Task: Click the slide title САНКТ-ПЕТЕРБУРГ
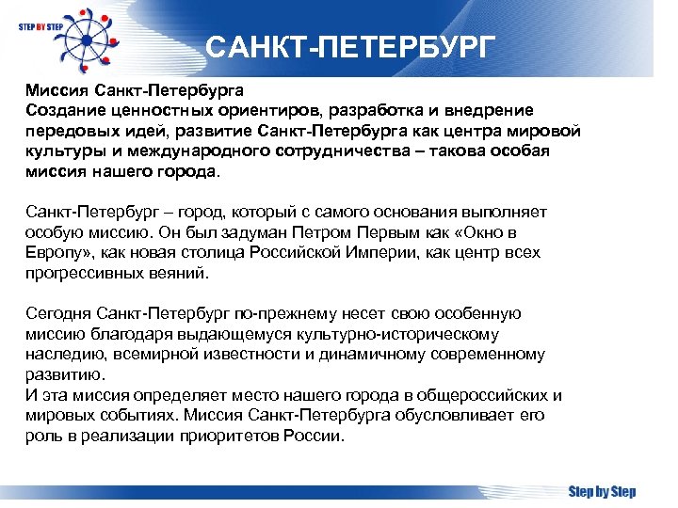pos(348,48)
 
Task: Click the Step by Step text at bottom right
pos(602,491)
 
